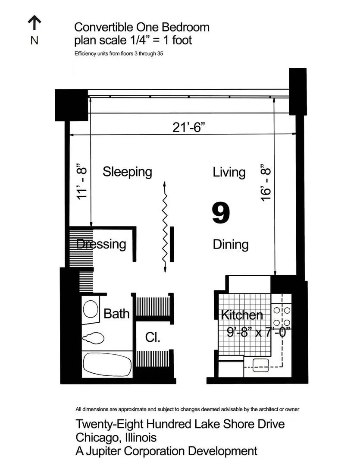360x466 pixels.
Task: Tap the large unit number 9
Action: (221, 214)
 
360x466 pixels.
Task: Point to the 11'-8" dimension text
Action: (81, 181)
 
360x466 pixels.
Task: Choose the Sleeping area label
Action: (127, 172)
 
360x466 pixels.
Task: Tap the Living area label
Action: (229, 172)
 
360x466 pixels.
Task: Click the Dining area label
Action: (231, 245)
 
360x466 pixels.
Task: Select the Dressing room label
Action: (101, 244)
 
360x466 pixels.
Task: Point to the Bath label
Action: (116, 314)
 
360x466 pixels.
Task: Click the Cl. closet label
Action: (153, 337)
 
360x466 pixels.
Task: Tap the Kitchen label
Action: (241, 315)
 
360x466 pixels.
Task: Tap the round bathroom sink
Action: (91, 309)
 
